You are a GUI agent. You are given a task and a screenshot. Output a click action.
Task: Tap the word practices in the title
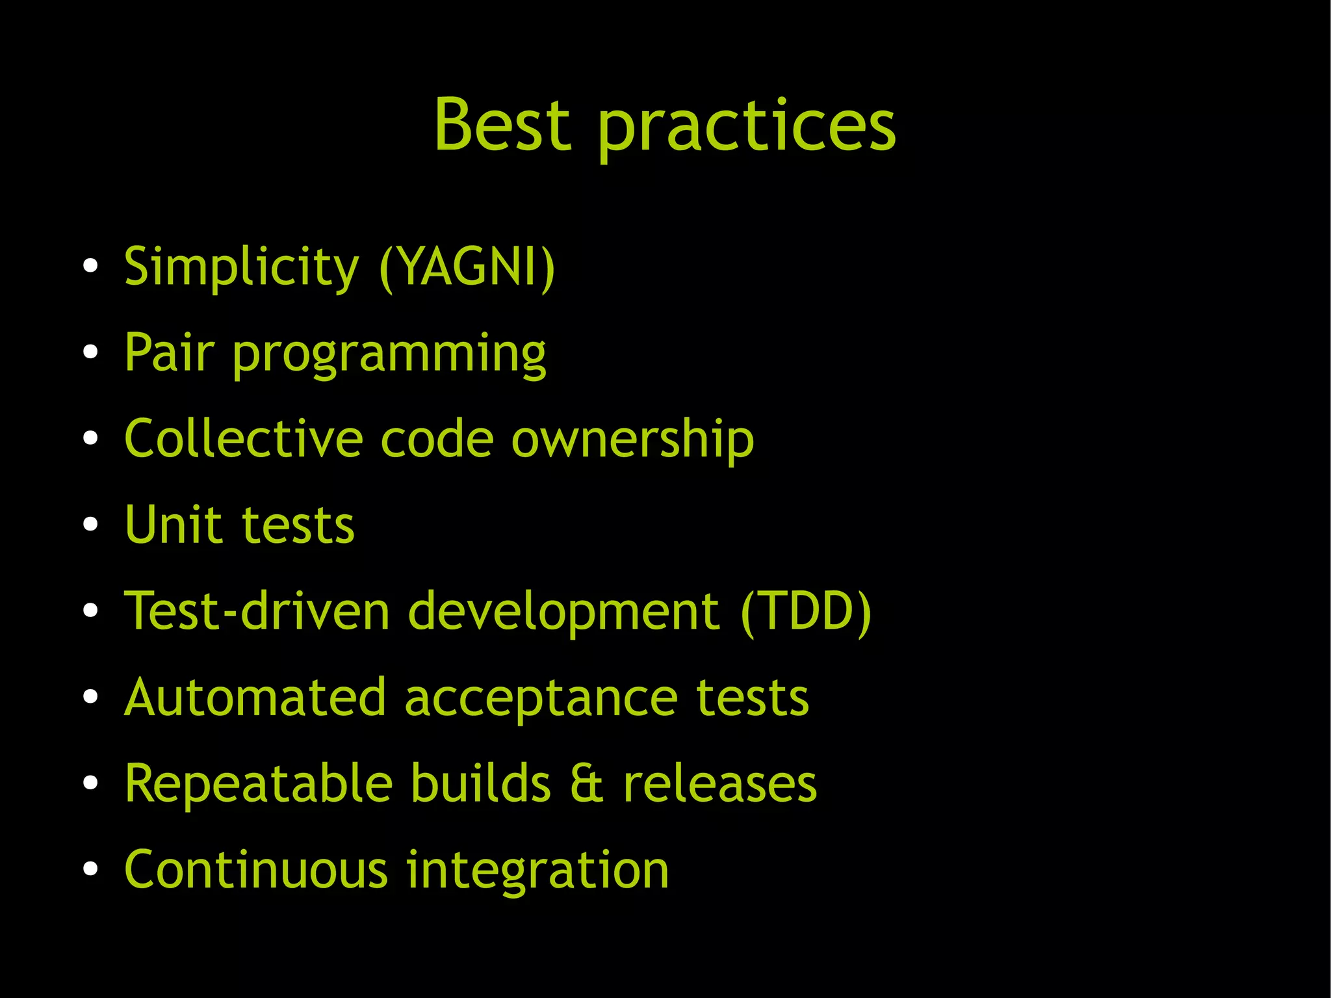746,127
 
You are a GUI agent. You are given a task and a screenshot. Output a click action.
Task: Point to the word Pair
169,352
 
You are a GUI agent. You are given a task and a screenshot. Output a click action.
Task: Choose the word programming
389,356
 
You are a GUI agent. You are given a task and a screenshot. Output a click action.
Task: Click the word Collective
243,439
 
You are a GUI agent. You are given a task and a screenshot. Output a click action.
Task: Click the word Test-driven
257,611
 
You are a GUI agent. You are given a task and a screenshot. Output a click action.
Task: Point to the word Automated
255,697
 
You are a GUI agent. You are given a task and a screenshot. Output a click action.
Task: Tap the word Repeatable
259,784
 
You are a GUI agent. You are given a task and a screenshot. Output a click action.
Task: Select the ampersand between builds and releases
587,784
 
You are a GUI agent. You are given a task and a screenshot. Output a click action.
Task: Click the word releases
719,784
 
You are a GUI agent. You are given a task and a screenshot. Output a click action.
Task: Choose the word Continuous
256,870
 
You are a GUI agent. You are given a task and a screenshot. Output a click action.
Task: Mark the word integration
537,871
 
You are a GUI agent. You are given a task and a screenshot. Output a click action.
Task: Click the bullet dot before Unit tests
90,525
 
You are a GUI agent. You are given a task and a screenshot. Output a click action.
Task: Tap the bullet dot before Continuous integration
90,869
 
